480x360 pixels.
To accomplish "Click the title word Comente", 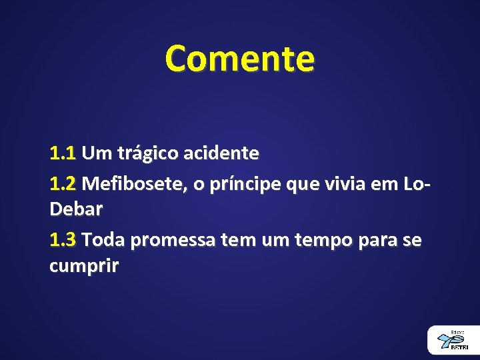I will click(x=239, y=59).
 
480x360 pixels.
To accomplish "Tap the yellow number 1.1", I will click(x=63, y=154).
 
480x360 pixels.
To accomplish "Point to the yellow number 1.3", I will click(x=63, y=239).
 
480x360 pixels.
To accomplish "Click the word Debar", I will click(x=76, y=210).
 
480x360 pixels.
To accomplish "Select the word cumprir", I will click(x=83, y=267).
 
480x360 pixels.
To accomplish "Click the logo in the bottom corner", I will click(x=453, y=340).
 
